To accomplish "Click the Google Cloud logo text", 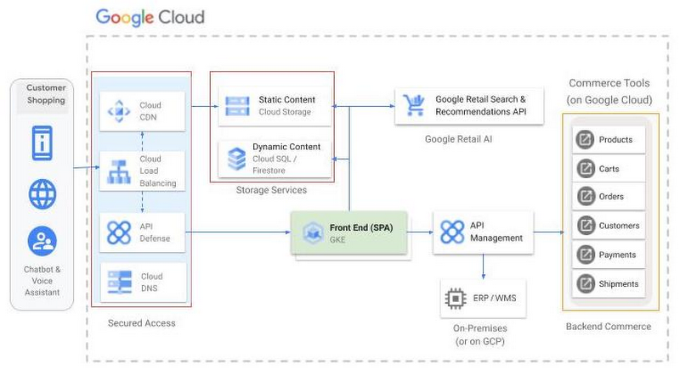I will [150, 17].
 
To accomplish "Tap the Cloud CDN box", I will [141, 111].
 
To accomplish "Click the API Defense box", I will [141, 232].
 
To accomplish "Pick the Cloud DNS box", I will [141, 282].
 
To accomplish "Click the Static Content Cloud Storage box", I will [271, 106].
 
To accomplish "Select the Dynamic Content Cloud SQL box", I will [271, 158].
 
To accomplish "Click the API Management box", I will [484, 232].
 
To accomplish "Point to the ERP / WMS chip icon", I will [455, 299].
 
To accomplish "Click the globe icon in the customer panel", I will [42, 193].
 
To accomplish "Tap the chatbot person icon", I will [42, 242].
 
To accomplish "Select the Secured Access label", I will [141, 323].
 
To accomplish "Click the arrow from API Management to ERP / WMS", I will [484, 267].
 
